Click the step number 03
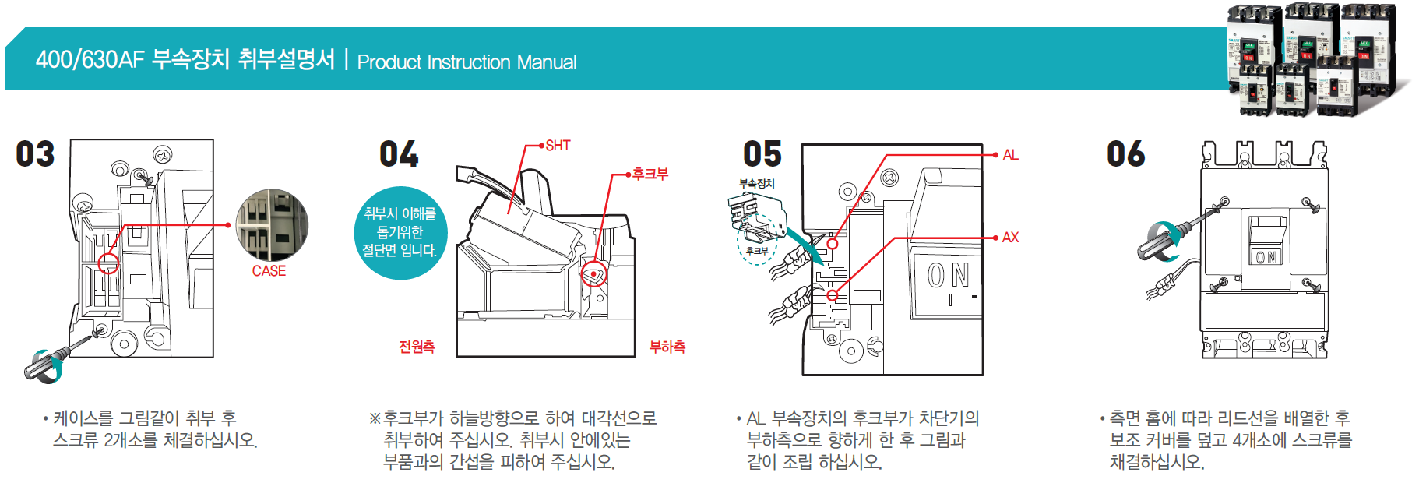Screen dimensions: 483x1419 coord(36,154)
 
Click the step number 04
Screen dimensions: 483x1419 coord(399,154)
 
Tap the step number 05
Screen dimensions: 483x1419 coord(762,154)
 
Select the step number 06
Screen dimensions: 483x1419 coord(1126,154)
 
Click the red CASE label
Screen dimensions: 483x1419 coord(269,271)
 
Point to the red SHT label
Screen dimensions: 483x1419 coord(558,146)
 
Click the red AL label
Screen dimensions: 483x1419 coord(1010,155)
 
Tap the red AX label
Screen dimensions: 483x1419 coord(1010,238)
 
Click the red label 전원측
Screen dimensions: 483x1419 coord(417,347)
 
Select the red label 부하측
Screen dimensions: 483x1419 coord(667,347)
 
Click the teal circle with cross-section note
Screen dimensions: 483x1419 coord(400,232)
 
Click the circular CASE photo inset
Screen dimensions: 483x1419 coord(272,225)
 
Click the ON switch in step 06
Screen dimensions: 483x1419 coord(1266,256)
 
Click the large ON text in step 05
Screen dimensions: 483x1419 coord(948,275)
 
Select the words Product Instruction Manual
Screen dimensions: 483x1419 coord(467,62)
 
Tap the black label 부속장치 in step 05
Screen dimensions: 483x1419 coord(757,184)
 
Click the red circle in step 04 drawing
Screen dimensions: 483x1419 coord(594,273)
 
